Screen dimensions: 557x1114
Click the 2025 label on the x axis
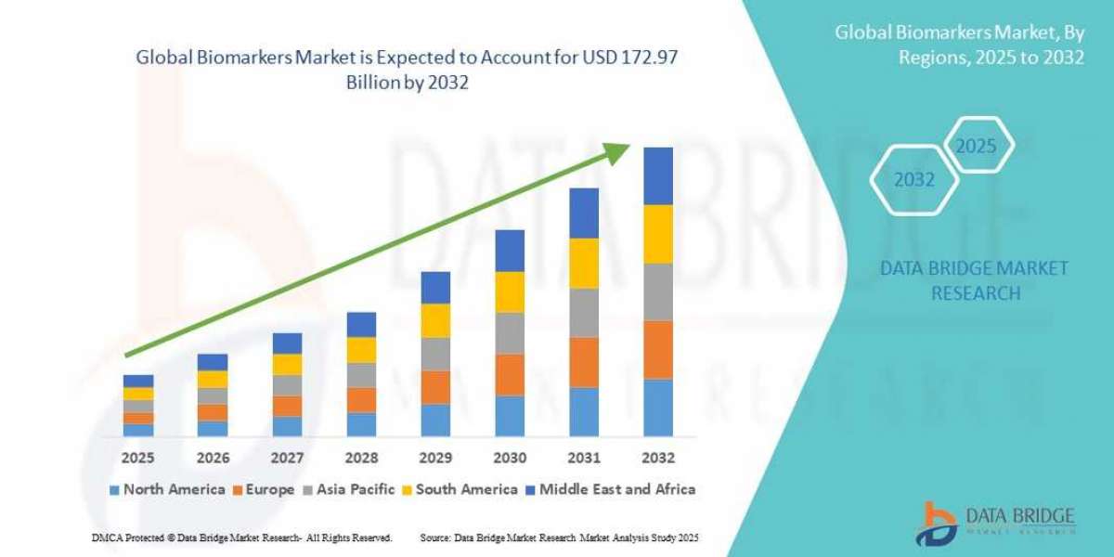(x=138, y=458)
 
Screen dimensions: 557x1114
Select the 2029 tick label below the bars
(x=435, y=458)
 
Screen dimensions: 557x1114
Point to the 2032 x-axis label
(x=658, y=458)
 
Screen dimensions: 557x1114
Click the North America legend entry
(x=166, y=489)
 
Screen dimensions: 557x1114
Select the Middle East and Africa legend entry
(x=610, y=489)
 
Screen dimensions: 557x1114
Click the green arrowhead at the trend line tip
(x=617, y=154)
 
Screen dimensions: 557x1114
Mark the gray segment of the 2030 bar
(x=510, y=332)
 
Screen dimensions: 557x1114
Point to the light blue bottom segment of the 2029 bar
(x=435, y=420)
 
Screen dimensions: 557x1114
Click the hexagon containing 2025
(x=976, y=147)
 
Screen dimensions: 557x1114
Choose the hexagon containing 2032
(x=914, y=180)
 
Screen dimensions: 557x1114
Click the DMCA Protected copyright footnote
(x=241, y=538)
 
